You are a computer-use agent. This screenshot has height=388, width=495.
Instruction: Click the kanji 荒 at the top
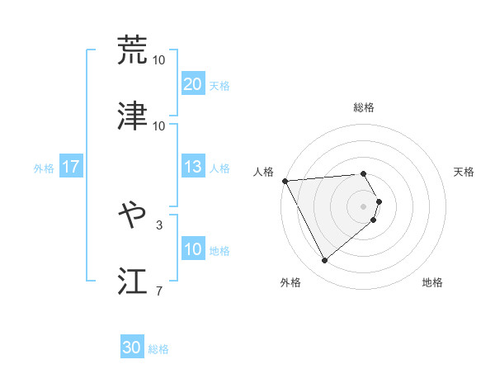click(133, 49)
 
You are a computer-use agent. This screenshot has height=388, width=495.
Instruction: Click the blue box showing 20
click(192, 83)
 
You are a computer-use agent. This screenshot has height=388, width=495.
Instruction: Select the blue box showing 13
click(192, 167)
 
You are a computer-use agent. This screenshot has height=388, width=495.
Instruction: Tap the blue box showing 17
click(71, 167)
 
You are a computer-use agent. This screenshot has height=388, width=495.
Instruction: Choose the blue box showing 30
click(132, 348)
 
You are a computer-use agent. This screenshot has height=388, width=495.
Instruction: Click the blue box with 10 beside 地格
click(192, 249)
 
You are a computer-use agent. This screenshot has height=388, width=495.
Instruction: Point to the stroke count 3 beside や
click(159, 224)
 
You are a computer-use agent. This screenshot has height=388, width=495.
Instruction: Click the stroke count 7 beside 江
click(159, 291)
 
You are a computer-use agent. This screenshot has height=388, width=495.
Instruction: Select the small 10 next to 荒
click(159, 59)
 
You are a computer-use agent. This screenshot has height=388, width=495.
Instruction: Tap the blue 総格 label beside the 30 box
click(158, 349)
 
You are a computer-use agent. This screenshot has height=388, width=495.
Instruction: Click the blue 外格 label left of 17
click(44, 168)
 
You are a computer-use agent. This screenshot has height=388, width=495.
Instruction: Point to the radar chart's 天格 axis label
click(464, 172)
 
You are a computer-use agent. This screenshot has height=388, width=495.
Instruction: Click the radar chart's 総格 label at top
click(363, 107)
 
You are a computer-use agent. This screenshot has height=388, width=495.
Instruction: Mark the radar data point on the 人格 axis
click(285, 180)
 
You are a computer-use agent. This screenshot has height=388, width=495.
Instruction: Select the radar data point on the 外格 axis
click(324, 261)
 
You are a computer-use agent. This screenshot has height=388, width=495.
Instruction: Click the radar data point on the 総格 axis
click(363, 174)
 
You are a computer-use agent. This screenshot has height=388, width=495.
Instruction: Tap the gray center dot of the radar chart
click(363, 206)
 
